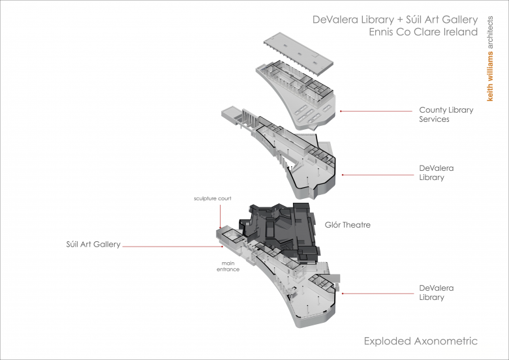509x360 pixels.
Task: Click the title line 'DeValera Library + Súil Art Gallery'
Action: point(395,20)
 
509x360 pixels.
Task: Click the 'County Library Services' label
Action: point(446,115)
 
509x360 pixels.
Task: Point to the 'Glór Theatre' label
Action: point(347,225)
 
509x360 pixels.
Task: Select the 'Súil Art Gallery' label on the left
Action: point(93,245)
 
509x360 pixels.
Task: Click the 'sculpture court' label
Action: point(212,198)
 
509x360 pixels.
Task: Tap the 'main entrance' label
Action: point(228,266)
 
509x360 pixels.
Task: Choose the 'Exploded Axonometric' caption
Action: point(420,341)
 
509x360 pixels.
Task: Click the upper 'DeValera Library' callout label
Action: point(436,173)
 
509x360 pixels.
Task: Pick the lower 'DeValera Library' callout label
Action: point(436,293)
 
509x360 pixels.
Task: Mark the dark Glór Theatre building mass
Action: point(281,228)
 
